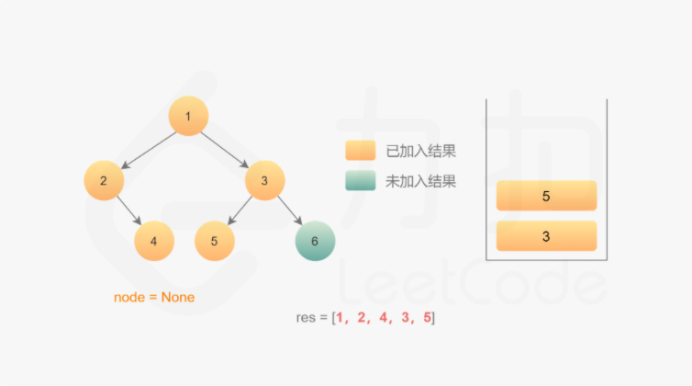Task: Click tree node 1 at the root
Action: [x=188, y=117]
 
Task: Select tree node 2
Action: [x=104, y=180]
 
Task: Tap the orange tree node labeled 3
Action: [x=264, y=180]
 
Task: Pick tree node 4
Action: [x=154, y=241]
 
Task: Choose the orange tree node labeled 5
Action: [x=214, y=241]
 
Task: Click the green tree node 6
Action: [x=315, y=241]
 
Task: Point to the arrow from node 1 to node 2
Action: [x=147, y=149]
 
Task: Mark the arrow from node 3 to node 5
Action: [x=239, y=211]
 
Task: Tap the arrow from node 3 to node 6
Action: [x=290, y=211]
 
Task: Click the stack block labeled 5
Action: [x=546, y=196]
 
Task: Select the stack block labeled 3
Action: [x=546, y=236]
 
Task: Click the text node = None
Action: [x=154, y=297]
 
